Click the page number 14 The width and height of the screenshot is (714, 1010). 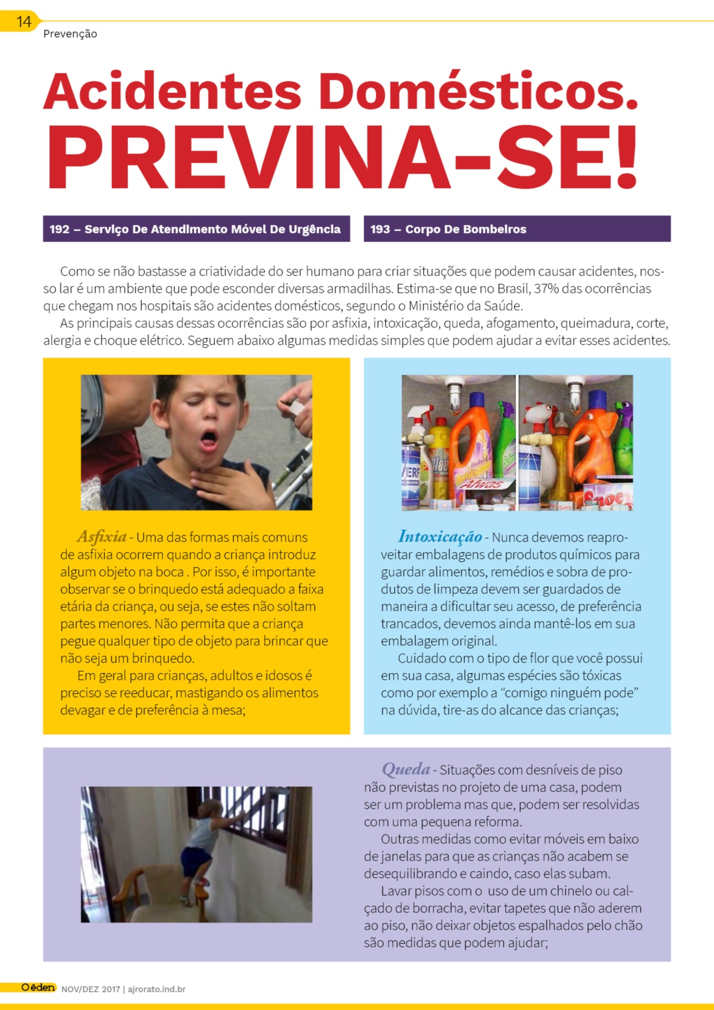tap(23, 22)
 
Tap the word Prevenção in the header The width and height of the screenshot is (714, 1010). tap(70, 34)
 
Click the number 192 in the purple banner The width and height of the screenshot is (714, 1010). tap(59, 229)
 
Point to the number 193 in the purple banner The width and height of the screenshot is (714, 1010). tap(380, 229)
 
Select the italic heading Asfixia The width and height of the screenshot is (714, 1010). tap(102, 536)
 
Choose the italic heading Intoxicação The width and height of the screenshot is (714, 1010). tap(440, 536)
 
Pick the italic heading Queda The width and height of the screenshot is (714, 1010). tap(406, 769)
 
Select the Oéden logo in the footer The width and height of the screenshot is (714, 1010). tap(38, 987)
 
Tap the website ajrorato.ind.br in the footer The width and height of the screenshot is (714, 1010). tap(156, 989)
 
